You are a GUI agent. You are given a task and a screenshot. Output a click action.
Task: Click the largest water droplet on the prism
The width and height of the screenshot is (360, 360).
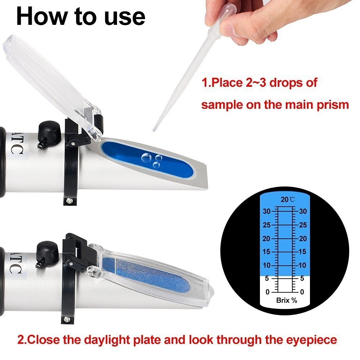tap(147, 157)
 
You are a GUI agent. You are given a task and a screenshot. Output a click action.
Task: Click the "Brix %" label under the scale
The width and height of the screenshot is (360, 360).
tap(287, 300)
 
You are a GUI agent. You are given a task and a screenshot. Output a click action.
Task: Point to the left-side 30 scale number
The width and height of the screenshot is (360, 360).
tap(266, 212)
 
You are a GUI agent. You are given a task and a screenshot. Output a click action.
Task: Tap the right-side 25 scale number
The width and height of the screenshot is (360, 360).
tap(303, 225)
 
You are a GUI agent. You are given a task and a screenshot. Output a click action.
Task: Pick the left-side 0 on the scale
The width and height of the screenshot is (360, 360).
tap(267, 292)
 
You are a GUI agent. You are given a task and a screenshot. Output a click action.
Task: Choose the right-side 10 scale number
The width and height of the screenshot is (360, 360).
tap(303, 265)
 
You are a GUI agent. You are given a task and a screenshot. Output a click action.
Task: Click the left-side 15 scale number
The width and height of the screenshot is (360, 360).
tap(266, 252)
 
